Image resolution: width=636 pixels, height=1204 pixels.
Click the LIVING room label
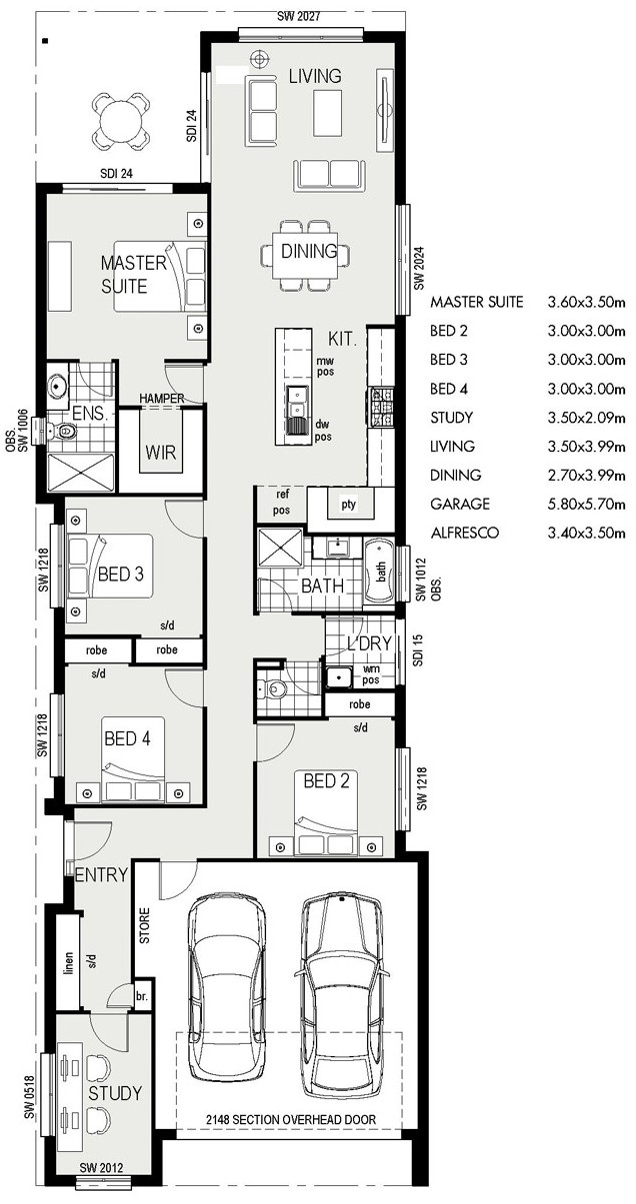[315, 76]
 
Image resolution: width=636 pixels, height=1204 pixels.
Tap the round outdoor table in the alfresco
[121, 121]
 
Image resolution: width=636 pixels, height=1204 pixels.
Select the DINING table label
[309, 251]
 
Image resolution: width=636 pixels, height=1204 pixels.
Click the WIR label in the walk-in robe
[161, 452]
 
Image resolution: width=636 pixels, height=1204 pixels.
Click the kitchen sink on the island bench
[294, 402]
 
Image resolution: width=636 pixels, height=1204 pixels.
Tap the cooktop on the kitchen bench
[381, 408]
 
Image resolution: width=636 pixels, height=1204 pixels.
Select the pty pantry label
[348, 505]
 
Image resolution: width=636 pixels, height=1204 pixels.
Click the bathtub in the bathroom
[380, 573]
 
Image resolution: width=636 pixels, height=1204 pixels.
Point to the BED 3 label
[121, 575]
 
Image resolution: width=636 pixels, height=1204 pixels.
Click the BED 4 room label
[127, 738]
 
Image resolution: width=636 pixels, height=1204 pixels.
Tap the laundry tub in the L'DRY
[338, 676]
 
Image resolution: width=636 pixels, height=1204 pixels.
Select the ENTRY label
[102, 875]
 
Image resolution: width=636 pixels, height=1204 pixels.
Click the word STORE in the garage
[144, 925]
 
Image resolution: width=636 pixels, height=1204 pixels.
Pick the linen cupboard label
[68, 963]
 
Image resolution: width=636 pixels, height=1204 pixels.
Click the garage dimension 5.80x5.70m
[586, 504]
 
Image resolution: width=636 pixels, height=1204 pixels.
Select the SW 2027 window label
[299, 16]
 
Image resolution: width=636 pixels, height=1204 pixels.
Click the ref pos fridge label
[282, 502]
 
